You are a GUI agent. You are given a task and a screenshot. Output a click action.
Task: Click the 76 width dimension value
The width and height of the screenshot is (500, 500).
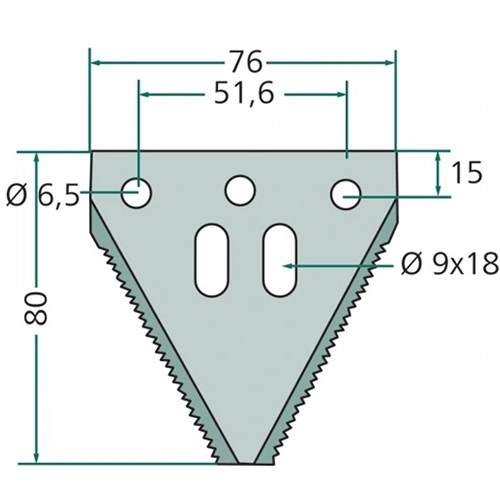246,62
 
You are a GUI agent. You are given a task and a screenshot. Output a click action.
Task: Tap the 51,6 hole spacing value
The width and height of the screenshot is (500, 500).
244,94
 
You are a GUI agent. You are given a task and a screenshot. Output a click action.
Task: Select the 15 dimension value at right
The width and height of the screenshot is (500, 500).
468,173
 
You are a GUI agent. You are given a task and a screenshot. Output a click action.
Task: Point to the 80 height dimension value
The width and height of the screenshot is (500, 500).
35,308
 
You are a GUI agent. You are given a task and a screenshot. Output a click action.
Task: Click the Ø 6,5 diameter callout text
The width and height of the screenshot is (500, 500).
43,196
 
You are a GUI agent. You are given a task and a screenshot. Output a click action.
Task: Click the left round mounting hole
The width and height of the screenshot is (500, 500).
136,193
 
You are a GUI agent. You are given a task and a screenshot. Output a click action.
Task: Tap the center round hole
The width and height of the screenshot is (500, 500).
240,190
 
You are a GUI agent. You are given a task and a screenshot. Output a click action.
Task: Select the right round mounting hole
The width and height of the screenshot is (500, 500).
346,194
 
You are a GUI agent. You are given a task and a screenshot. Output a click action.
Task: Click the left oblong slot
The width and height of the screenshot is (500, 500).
212,260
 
